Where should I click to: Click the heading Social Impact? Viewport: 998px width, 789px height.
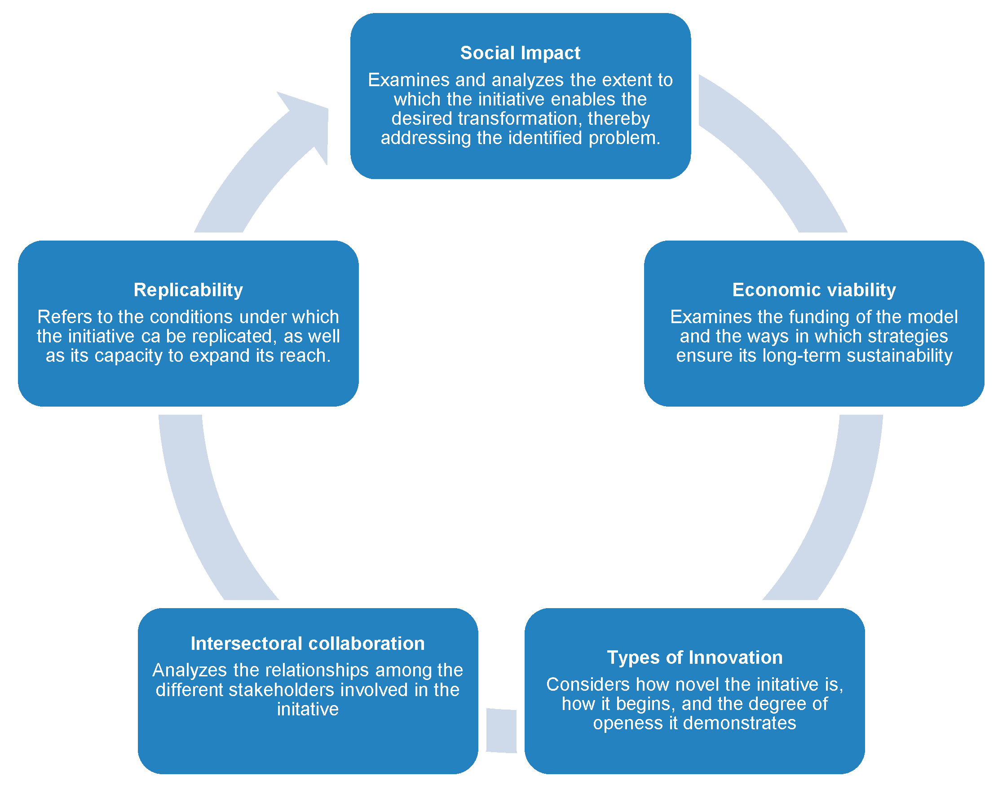(x=520, y=53)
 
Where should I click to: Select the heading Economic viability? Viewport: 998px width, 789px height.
(x=813, y=290)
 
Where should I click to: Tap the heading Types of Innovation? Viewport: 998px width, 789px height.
(x=694, y=657)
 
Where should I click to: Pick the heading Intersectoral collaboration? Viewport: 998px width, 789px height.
(x=307, y=644)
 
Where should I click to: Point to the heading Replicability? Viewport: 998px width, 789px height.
(x=188, y=290)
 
